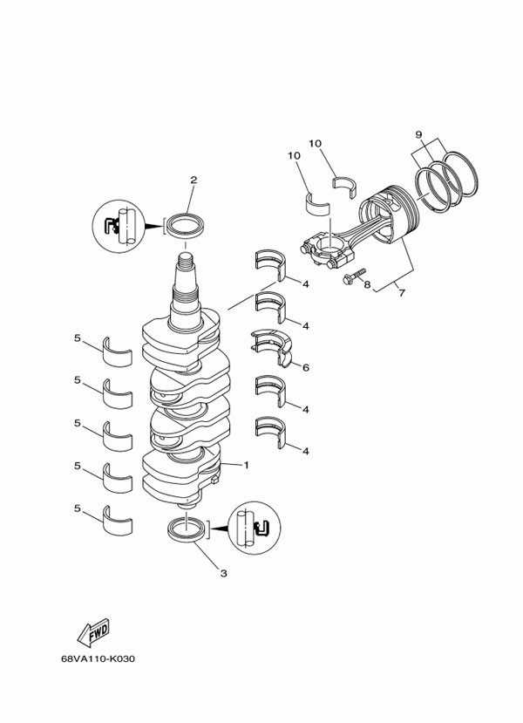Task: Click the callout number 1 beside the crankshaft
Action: [x=246, y=465]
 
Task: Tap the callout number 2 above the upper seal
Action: [x=194, y=180]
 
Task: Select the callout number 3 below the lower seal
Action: [x=223, y=574]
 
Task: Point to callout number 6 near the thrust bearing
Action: [x=305, y=367]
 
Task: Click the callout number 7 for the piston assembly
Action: [x=402, y=293]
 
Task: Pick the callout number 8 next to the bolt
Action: [x=367, y=284]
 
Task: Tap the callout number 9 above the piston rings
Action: [x=418, y=134]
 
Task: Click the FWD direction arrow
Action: [x=93, y=631]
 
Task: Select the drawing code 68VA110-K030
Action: [x=98, y=659]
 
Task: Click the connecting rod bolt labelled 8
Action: [x=355, y=276]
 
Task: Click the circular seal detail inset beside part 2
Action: [x=119, y=226]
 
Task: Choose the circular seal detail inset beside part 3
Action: [x=255, y=528]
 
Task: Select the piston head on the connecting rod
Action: [x=390, y=213]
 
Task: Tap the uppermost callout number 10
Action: [x=316, y=144]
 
